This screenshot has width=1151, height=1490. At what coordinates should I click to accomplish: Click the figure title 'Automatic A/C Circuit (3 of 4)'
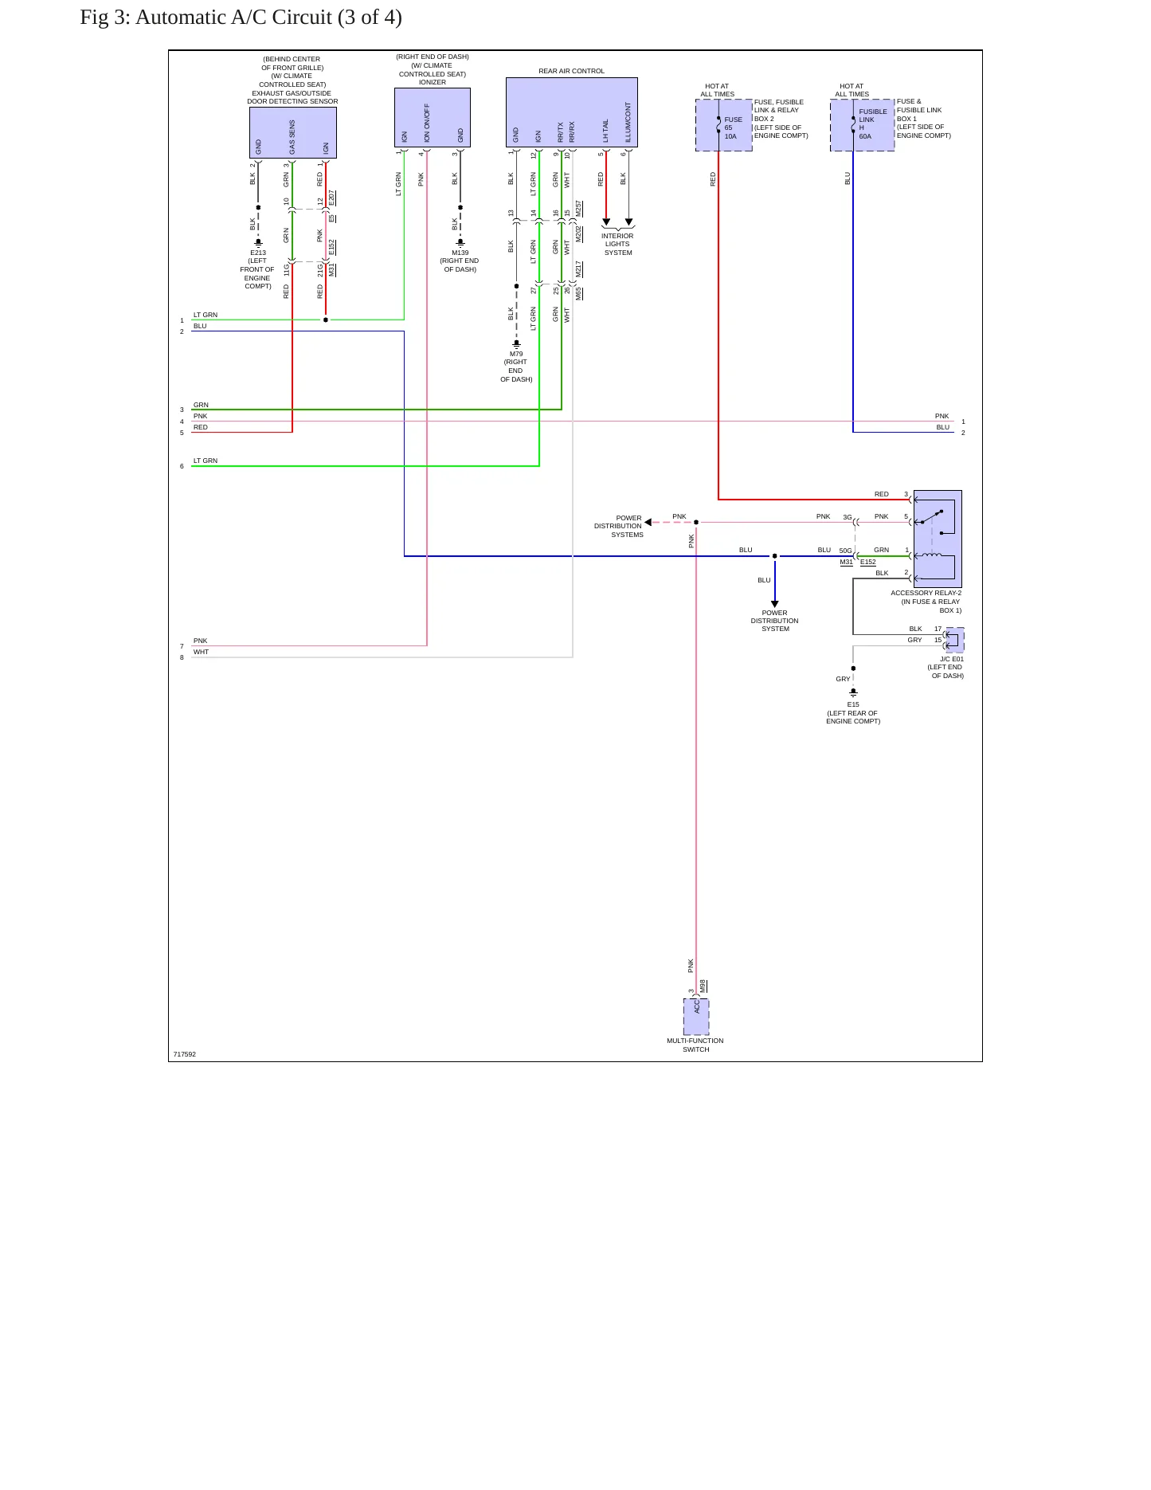point(268,18)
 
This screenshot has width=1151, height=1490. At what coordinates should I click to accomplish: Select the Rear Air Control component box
point(571,112)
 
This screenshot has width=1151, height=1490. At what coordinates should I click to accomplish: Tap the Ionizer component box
point(432,117)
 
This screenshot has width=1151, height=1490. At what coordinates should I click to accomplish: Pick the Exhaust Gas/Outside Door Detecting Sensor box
point(292,132)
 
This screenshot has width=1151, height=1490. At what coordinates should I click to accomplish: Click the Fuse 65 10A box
point(723,125)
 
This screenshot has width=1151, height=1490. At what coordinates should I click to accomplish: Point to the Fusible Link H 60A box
point(862,125)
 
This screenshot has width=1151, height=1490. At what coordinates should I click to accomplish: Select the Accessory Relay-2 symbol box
point(938,539)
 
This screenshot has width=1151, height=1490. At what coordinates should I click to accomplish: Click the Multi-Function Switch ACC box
point(696,1017)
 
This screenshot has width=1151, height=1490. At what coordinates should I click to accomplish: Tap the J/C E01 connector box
point(954,640)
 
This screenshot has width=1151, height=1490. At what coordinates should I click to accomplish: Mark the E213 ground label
point(258,253)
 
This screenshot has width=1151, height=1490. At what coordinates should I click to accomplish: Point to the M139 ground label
point(460,253)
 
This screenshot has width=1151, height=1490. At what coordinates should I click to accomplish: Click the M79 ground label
point(516,354)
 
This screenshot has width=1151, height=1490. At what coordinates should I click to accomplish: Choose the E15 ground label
point(853,704)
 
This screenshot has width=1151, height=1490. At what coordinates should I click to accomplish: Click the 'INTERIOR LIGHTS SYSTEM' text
point(617,244)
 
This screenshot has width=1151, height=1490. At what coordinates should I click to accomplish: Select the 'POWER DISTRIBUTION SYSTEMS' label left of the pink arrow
point(619,526)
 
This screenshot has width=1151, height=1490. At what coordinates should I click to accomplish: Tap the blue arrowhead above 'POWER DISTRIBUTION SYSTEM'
point(774,604)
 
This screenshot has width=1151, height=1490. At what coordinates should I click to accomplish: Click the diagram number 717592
point(184,1054)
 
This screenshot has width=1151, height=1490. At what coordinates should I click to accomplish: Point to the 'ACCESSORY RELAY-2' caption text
point(926,593)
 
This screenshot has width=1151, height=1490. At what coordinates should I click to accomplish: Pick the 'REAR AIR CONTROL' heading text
point(571,71)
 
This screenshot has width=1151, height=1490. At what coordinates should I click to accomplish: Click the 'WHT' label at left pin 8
point(201,652)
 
